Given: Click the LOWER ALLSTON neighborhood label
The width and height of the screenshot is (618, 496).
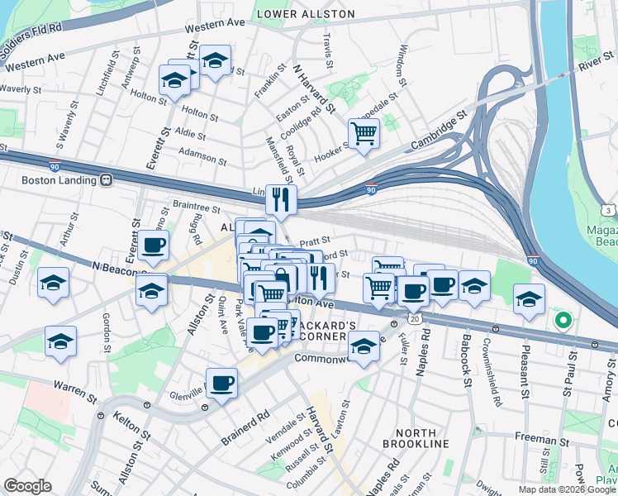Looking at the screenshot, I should click(x=306, y=14).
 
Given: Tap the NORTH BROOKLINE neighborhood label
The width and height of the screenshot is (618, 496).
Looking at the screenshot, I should click(x=421, y=438).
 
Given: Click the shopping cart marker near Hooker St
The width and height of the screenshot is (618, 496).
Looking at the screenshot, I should click(x=364, y=132).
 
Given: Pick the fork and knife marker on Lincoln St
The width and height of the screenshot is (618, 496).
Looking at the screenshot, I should click(x=281, y=198).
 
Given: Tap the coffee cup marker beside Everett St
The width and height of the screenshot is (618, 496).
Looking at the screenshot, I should click(x=154, y=245).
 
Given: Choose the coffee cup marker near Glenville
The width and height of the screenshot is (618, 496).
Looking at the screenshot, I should click(x=221, y=384).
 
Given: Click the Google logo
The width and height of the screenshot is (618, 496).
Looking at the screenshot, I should click(x=28, y=486).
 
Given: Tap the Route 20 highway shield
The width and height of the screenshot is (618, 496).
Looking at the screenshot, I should click(x=415, y=318).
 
